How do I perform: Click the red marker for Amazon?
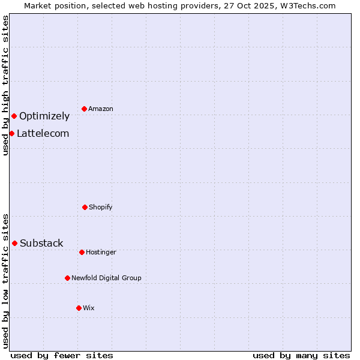tap(84, 109)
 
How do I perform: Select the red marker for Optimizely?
tap(14, 116)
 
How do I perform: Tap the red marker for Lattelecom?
tap(11, 133)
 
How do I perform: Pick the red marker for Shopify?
tap(85, 207)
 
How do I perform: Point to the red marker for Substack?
tap(14, 243)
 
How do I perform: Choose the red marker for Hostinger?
tap(82, 252)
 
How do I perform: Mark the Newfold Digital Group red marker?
tap(67, 278)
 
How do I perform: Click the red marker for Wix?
tap(79, 308)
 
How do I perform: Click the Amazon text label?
tap(101, 109)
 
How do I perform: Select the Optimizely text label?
tap(44, 116)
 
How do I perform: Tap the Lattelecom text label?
tap(43, 134)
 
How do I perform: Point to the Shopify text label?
tap(101, 208)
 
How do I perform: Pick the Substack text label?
tap(41, 244)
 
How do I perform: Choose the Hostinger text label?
tap(101, 253)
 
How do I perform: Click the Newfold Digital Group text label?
tap(106, 278)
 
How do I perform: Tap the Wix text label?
tap(89, 308)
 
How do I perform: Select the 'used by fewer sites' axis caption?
tap(62, 355)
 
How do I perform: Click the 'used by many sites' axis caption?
tap(301, 355)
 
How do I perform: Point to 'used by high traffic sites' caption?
tap(6, 85)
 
